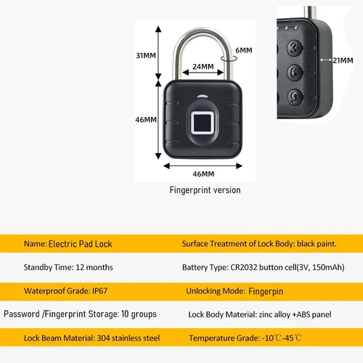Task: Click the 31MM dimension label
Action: pyautogui.click(x=146, y=55)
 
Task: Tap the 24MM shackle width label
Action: pyautogui.click(x=203, y=67)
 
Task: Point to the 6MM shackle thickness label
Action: pyautogui.click(x=244, y=50)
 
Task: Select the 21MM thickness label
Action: pyautogui.click(x=343, y=60)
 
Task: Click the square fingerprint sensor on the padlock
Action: pyautogui.click(x=203, y=123)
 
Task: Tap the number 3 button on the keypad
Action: pyautogui.click(x=295, y=48)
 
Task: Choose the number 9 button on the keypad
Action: pyautogui.click(x=295, y=97)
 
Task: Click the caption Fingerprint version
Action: pyautogui.click(x=205, y=190)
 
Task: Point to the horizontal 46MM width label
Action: pyautogui.click(x=203, y=174)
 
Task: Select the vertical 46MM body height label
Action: pyautogui.click(x=146, y=120)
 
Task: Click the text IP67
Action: pyautogui.click(x=99, y=290)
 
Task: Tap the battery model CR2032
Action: pyautogui.click(x=244, y=267)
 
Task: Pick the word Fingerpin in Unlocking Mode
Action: pyautogui.click(x=266, y=291)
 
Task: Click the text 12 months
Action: pyautogui.click(x=94, y=267)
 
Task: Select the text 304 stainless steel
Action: pyautogui.click(x=129, y=338)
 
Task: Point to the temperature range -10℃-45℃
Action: pyautogui.click(x=282, y=338)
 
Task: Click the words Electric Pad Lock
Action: pyautogui.click(x=80, y=244)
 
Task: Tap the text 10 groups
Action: pyautogui.click(x=139, y=314)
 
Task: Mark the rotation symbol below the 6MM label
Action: pyautogui.click(x=229, y=59)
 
